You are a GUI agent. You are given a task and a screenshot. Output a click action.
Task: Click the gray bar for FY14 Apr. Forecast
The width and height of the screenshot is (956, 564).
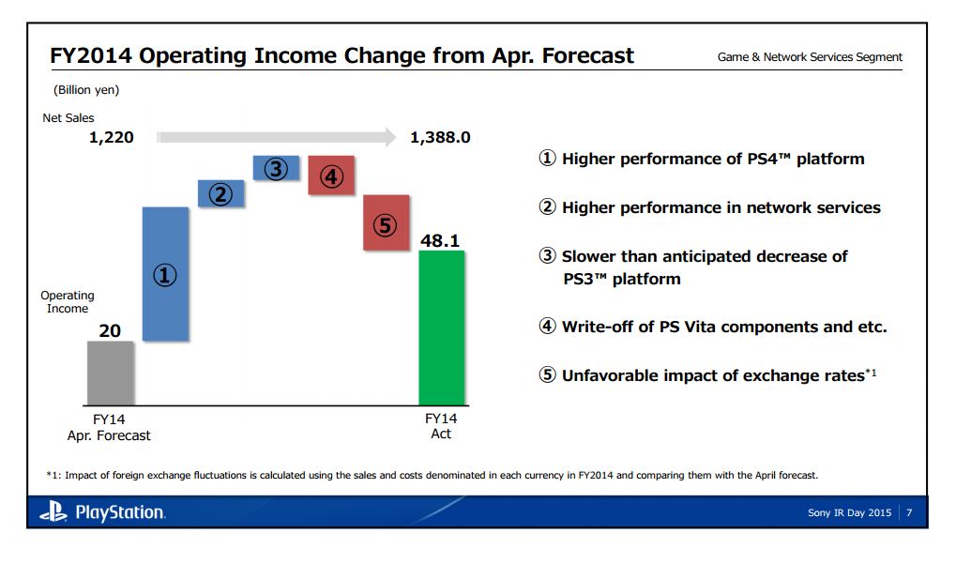coord(111,373)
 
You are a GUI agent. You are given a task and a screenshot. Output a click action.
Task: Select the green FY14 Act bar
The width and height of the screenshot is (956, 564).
coord(441,328)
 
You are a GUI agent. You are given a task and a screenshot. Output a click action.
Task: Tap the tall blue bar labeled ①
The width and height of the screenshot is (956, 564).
coord(166,274)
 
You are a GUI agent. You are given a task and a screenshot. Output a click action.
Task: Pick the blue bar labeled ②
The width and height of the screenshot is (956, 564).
coord(221,194)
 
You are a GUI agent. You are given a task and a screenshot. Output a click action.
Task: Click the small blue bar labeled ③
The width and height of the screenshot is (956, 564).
coord(276,169)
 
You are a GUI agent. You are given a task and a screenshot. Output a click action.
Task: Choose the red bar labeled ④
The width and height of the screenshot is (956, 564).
coord(331,175)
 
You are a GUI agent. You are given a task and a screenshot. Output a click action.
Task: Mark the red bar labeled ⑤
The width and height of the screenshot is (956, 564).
coord(386,223)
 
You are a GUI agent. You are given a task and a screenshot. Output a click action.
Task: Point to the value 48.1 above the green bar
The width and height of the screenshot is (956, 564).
coord(440,240)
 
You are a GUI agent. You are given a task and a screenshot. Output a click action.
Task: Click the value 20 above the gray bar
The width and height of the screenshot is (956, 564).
coord(110,330)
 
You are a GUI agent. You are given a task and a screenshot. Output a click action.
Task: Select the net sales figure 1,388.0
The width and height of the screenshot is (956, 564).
coord(440,138)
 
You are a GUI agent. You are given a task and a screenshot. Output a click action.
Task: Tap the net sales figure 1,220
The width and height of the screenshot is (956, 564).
coord(112,138)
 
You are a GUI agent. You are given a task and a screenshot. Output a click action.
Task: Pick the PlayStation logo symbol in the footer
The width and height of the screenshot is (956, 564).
coord(53,512)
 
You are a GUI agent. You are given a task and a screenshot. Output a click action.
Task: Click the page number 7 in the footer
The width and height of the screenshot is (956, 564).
coord(909,512)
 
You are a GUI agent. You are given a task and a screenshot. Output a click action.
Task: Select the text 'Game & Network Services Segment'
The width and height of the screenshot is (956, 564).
coord(810,57)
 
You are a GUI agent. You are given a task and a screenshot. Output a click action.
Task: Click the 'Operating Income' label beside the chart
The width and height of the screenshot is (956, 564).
coord(68,302)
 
